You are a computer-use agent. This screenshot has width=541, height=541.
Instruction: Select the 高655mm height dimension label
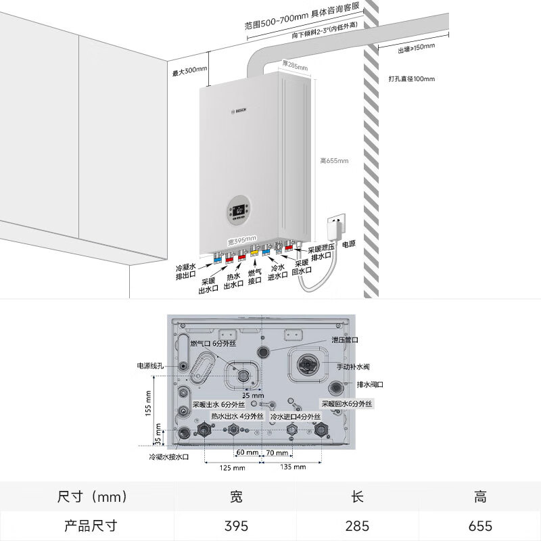[x=334, y=161]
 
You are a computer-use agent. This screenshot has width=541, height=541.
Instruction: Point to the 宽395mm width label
[x=241, y=239]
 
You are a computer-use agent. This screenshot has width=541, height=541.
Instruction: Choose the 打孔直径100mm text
[x=412, y=79]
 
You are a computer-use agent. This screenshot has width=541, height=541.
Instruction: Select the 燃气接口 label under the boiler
[x=255, y=276]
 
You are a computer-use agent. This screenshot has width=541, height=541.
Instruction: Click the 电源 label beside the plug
[x=348, y=244]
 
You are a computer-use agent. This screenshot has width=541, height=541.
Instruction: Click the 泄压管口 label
[x=344, y=340]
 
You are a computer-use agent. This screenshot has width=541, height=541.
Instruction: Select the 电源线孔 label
[x=151, y=366]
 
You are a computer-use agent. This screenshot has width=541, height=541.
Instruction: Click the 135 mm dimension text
[x=292, y=467]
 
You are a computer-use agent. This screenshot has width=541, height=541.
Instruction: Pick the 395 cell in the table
[x=236, y=525]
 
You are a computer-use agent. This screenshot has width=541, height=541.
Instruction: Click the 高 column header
[x=479, y=497]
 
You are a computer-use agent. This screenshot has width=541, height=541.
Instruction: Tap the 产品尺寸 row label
[x=91, y=525]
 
